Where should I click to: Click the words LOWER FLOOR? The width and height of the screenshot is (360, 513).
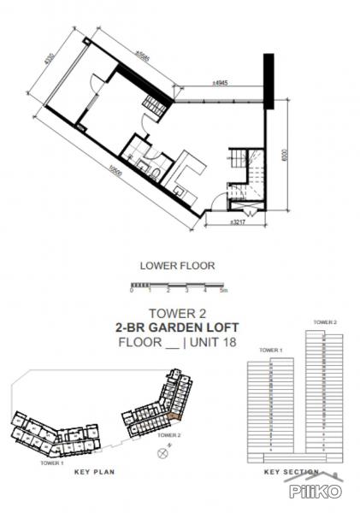179,266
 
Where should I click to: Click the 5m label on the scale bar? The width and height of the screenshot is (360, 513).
223,292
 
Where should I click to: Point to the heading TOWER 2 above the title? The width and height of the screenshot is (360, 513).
179,313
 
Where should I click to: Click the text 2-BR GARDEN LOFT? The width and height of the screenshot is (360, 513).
179,327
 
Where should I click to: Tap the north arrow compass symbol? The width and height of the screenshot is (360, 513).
162,454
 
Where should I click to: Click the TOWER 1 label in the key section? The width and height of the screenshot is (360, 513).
270,351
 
